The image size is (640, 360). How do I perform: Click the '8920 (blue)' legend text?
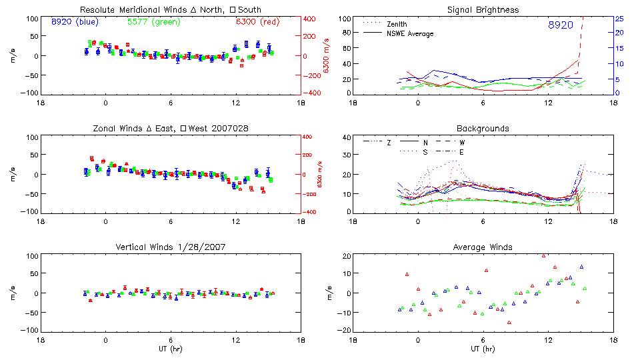tap(75, 21)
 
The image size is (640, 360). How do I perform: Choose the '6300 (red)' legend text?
tap(257, 21)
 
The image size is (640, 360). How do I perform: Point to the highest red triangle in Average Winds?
tap(544, 255)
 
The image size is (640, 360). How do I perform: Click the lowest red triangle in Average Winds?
tap(509, 322)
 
